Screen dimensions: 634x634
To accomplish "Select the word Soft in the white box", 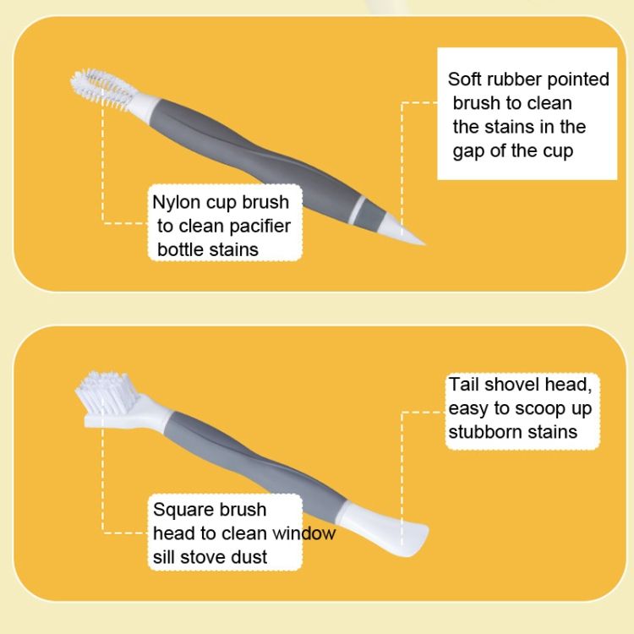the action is point(465,79).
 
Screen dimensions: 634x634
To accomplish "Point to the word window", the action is point(304,533).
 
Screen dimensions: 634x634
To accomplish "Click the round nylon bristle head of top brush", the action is point(103,87).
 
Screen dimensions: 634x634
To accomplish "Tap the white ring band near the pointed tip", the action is point(358,210).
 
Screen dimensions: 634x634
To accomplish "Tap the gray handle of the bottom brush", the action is point(254,461).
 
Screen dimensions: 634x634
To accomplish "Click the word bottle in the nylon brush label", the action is point(180,249).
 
